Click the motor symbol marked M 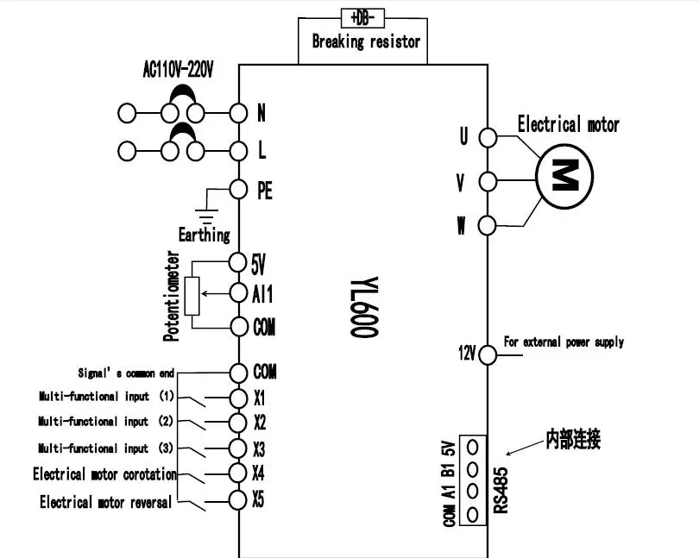564,177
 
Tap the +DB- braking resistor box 362,18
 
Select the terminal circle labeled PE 238,190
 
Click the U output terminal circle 488,138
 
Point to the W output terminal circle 487,225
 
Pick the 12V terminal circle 488,355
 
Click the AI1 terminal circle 238,293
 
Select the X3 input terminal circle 237,448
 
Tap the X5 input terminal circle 237,500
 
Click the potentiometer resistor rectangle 192,296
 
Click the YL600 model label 364,307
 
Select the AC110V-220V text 178,70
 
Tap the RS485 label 501,490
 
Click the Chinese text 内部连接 573,440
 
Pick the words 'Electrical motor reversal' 105,502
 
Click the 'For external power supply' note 564,342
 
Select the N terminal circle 238,113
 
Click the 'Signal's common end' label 126,373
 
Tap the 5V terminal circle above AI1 237,262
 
